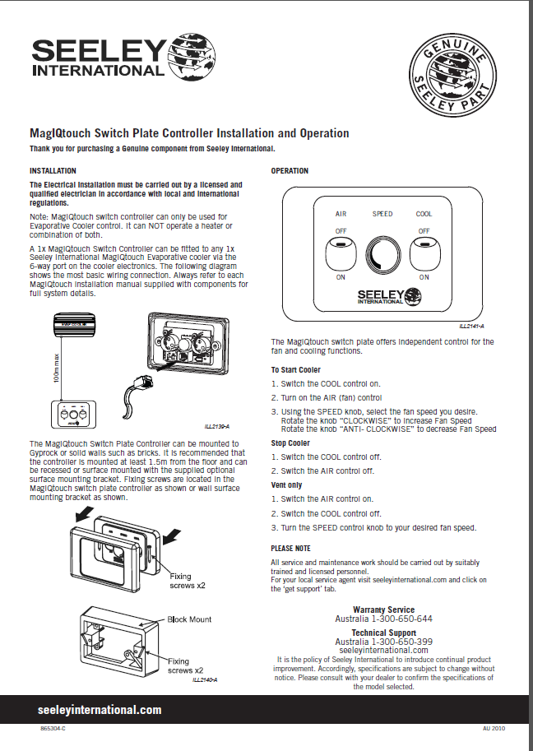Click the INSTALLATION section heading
(x=53, y=171)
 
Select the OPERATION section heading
(x=290, y=171)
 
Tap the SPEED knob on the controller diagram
(x=382, y=252)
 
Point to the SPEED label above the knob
(x=382, y=214)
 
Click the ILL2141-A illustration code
(x=471, y=327)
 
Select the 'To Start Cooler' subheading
(x=296, y=370)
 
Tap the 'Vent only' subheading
(x=286, y=485)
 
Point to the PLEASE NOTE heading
(x=290, y=548)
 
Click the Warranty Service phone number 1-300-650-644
(x=401, y=619)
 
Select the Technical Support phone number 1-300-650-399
(x=401, y=642)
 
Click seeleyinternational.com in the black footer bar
(x=100, y=710)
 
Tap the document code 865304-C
(x=53, y=730)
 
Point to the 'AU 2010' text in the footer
(x=492, y=730)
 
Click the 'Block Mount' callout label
(x=189, y=619)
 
